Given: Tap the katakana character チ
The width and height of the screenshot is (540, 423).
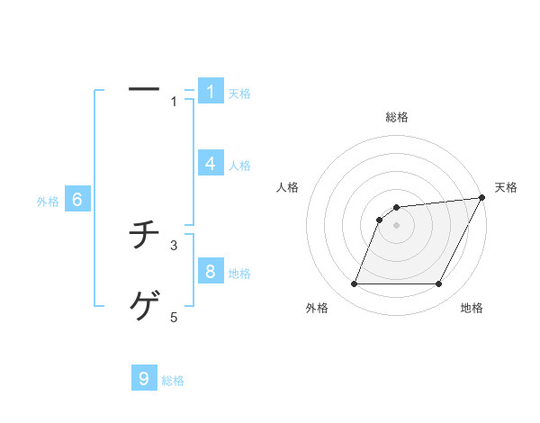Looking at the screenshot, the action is (144, 236).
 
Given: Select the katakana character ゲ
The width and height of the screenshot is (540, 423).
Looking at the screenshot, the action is (144, 308).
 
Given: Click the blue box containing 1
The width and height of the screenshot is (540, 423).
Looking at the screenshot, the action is (211, 92).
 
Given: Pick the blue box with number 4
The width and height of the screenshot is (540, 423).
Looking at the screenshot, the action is (211, 164).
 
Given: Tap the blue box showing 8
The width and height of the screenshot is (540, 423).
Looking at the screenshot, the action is (211, 272).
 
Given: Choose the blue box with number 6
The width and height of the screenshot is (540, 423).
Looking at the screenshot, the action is (77, 201).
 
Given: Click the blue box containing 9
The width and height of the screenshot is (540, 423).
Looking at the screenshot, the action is (144, 379).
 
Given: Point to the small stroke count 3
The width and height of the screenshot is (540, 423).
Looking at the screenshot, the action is (175, 245).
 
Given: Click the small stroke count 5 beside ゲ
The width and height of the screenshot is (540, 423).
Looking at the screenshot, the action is (175, 317).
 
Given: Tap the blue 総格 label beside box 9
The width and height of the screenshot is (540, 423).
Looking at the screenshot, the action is (173, 381).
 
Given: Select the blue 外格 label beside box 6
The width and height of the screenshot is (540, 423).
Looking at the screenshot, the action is (48, 202).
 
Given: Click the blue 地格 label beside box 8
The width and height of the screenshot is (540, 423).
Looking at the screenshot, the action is (239, 274).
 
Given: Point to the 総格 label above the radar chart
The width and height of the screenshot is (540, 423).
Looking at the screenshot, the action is (397, 117).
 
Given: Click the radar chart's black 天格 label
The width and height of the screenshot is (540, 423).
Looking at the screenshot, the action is (506, 187).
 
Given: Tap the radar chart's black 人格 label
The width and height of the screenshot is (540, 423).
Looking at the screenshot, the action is (288, 187).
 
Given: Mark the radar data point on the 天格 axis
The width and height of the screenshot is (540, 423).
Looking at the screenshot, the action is (481, 198).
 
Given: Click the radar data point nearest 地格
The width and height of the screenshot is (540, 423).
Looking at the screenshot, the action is (439, 284).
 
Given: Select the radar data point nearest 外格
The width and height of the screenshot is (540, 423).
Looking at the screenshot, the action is (354, 284).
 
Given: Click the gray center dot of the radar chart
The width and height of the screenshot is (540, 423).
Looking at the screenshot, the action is (397, 225).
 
